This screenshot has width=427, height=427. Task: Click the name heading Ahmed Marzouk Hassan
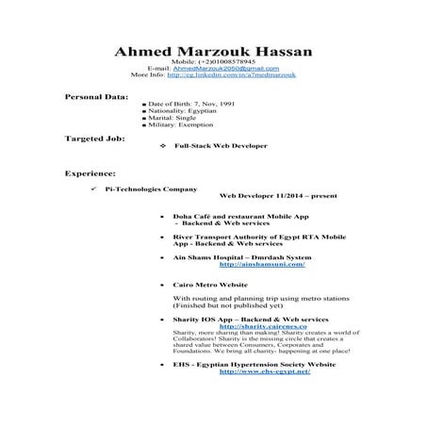click(x=213, y=51)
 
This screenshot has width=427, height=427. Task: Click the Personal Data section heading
click(x=96, y=97)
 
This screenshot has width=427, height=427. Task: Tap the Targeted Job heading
click(x=94, y=138)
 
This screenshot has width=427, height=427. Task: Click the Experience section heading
click(x=90, y=173)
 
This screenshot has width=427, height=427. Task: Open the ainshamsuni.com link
click(x=261, y=265)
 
